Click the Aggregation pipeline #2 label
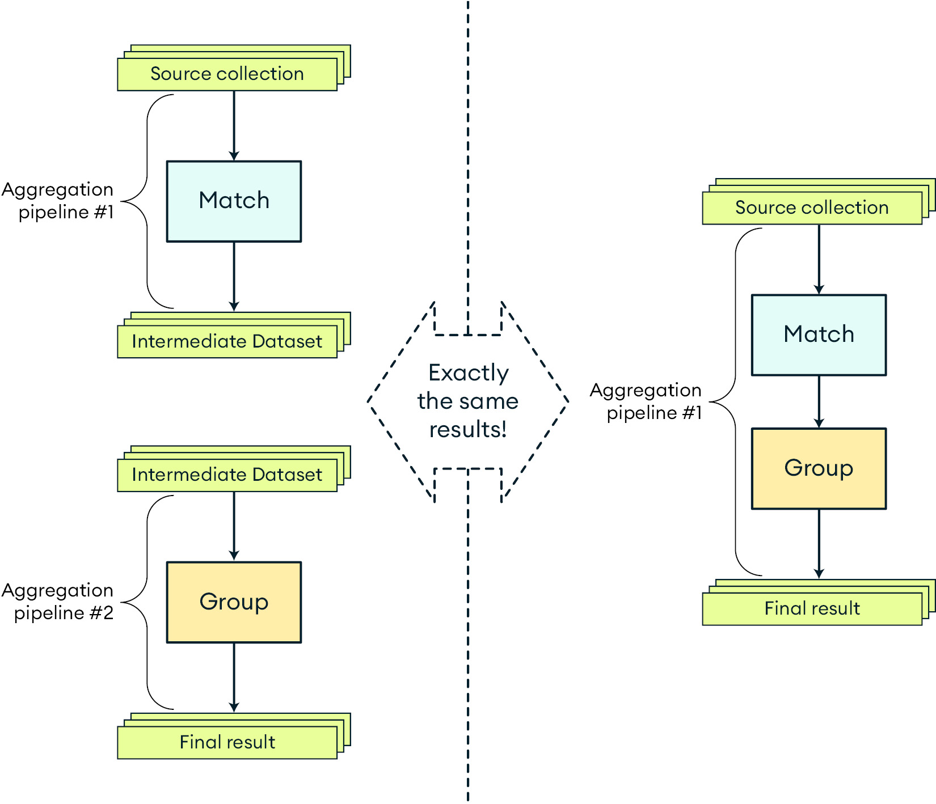pos(58,602)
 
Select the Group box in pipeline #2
pos(234,602)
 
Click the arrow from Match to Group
pos(819,401)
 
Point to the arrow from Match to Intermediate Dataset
pos(234,276)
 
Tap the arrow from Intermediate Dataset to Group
pos(234,526)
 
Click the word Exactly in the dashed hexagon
pos(468,373)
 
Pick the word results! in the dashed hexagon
pos(468,429)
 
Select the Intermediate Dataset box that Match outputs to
pos(227,341)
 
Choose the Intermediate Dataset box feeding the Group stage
pos(227,475)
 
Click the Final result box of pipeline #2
pos(227,742)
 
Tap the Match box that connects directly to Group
pos(819,335)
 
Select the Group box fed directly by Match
pos(819,468)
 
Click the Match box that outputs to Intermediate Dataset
pos(234,201)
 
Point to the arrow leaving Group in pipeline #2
pos(234,677)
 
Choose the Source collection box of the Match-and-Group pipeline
pos(812,208)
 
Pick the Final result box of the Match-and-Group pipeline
pos(812,608)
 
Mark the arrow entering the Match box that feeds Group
pos(819,259)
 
